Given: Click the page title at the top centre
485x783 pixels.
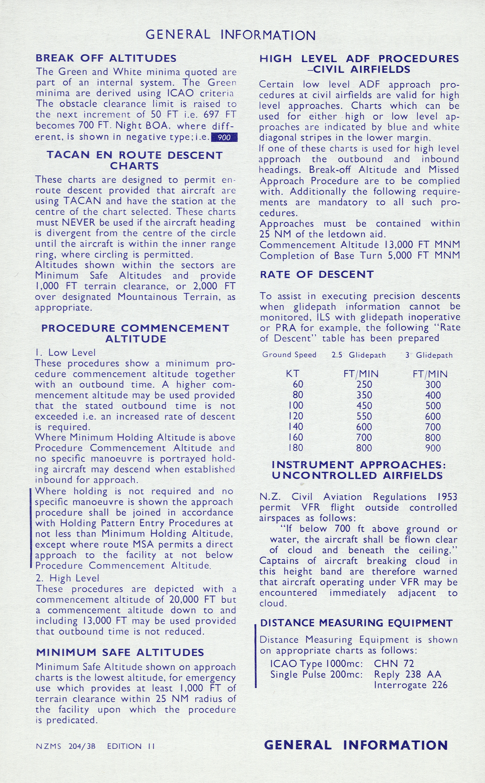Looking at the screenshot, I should tap(231, 35).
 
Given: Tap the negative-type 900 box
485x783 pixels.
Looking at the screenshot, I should tap(224, 137).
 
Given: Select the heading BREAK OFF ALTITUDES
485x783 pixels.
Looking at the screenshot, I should tap(106, 58).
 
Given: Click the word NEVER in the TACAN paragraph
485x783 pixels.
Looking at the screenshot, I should tap(78, 222).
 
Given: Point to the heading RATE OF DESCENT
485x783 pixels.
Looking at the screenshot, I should tap(317, 274).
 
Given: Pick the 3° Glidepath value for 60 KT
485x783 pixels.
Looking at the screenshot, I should tap(433, 384).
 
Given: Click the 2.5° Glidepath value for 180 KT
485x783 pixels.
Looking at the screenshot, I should tap(364, 448).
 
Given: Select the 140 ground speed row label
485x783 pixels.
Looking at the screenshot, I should tap(296, 426).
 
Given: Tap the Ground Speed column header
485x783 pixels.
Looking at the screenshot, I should tap(289, 355).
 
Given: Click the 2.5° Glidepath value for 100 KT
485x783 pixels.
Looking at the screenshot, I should tap(364, 406).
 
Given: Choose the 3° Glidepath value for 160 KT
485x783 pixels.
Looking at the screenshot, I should tap(433, 437).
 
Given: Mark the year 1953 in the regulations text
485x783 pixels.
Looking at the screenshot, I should tap(447, 497).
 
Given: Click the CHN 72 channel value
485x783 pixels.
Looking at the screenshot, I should tap(394, 664).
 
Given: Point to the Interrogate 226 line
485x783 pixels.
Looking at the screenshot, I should tap(410, 685).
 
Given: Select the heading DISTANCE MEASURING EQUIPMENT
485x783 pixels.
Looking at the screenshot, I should tap(356, 623).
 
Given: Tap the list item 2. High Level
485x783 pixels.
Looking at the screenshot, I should tap(67, 578).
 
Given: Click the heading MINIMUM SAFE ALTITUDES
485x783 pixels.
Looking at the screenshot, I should tap(120, 652).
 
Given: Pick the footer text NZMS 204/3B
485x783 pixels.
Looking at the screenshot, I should tap(66, 746).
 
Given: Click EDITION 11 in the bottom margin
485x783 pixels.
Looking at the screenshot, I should tap(131, 746).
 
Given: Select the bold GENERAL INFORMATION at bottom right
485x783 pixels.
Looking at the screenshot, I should tap(356, 745).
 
